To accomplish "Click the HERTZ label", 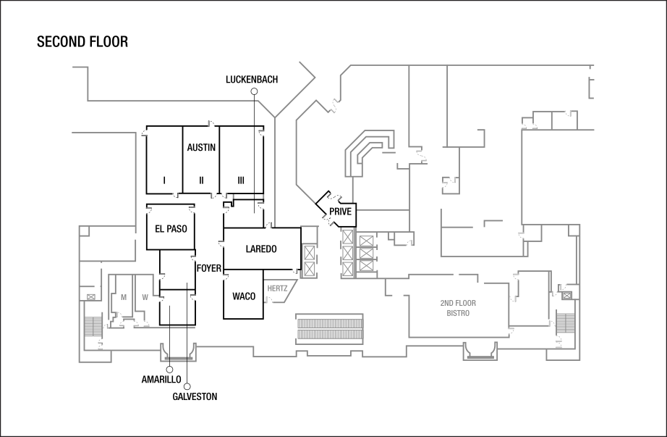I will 278,288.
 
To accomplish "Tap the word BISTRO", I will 458,313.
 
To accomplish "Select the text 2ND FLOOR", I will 458,303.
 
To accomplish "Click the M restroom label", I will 124,297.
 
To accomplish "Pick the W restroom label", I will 145,297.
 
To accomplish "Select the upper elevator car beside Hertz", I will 310,253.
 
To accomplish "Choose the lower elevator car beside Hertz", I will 310,269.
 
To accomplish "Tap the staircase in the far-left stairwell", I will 92,326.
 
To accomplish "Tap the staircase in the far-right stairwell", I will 565,322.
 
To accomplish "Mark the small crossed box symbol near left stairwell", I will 91,296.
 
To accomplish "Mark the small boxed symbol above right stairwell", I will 567,295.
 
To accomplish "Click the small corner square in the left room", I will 85,231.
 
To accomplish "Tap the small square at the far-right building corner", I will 574,230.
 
